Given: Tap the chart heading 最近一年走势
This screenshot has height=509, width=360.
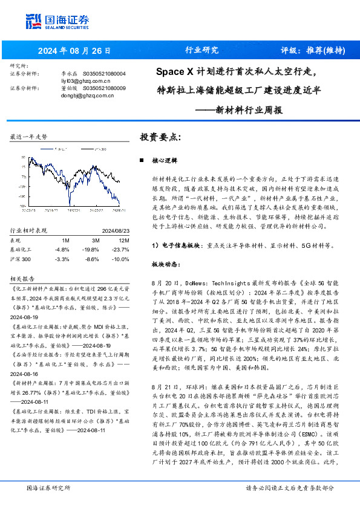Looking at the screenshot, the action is [29, 137].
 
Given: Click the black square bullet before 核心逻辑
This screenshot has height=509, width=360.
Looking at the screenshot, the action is [140, 161].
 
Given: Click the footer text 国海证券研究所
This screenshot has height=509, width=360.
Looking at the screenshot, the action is [49, 487].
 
